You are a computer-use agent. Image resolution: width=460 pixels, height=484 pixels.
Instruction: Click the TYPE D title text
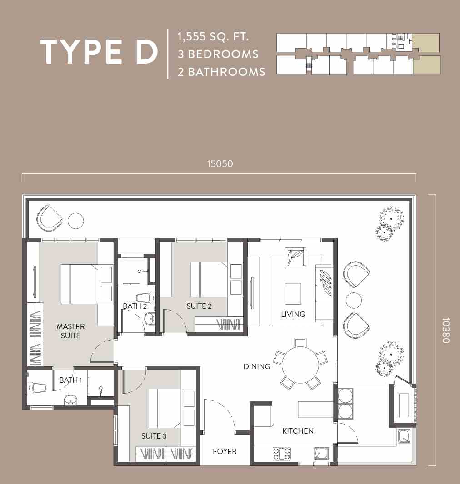[x=99, y=52]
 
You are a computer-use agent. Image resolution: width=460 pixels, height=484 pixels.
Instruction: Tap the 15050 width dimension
[x=220, y=164]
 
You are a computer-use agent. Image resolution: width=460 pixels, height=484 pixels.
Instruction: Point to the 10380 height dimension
[x=445, y=330]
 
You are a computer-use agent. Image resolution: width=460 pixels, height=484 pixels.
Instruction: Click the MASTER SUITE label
[x=70, y=331]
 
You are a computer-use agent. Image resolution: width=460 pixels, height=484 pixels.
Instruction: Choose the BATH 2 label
[x=135, y=306]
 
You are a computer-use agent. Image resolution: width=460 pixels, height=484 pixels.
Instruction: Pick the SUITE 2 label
[x=199, y=306]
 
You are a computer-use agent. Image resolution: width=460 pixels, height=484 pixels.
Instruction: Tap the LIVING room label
[x=293, y=314]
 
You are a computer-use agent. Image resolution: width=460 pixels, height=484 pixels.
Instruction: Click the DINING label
[x=257, y=366]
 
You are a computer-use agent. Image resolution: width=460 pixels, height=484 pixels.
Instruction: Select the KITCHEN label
[x=298, y=431]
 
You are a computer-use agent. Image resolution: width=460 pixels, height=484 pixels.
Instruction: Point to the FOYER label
[x=225, y=452]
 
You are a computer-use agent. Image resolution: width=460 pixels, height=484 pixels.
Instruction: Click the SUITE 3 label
[x=154, y=436]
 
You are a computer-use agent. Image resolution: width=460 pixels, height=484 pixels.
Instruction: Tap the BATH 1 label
[x=70, y=380]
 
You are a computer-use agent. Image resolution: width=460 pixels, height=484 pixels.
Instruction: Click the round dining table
[x=300, y=364]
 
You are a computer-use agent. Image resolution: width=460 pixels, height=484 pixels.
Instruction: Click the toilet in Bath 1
[x=37, y=388]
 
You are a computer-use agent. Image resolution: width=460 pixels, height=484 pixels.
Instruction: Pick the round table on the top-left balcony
[x=76, y=221]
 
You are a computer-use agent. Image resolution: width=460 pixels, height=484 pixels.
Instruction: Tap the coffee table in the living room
[x=293, y=294]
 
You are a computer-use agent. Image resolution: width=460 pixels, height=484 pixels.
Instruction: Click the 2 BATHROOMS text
[x=221, y=72]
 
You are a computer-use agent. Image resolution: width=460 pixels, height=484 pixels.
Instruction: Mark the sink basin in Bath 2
[x=150, y=319]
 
